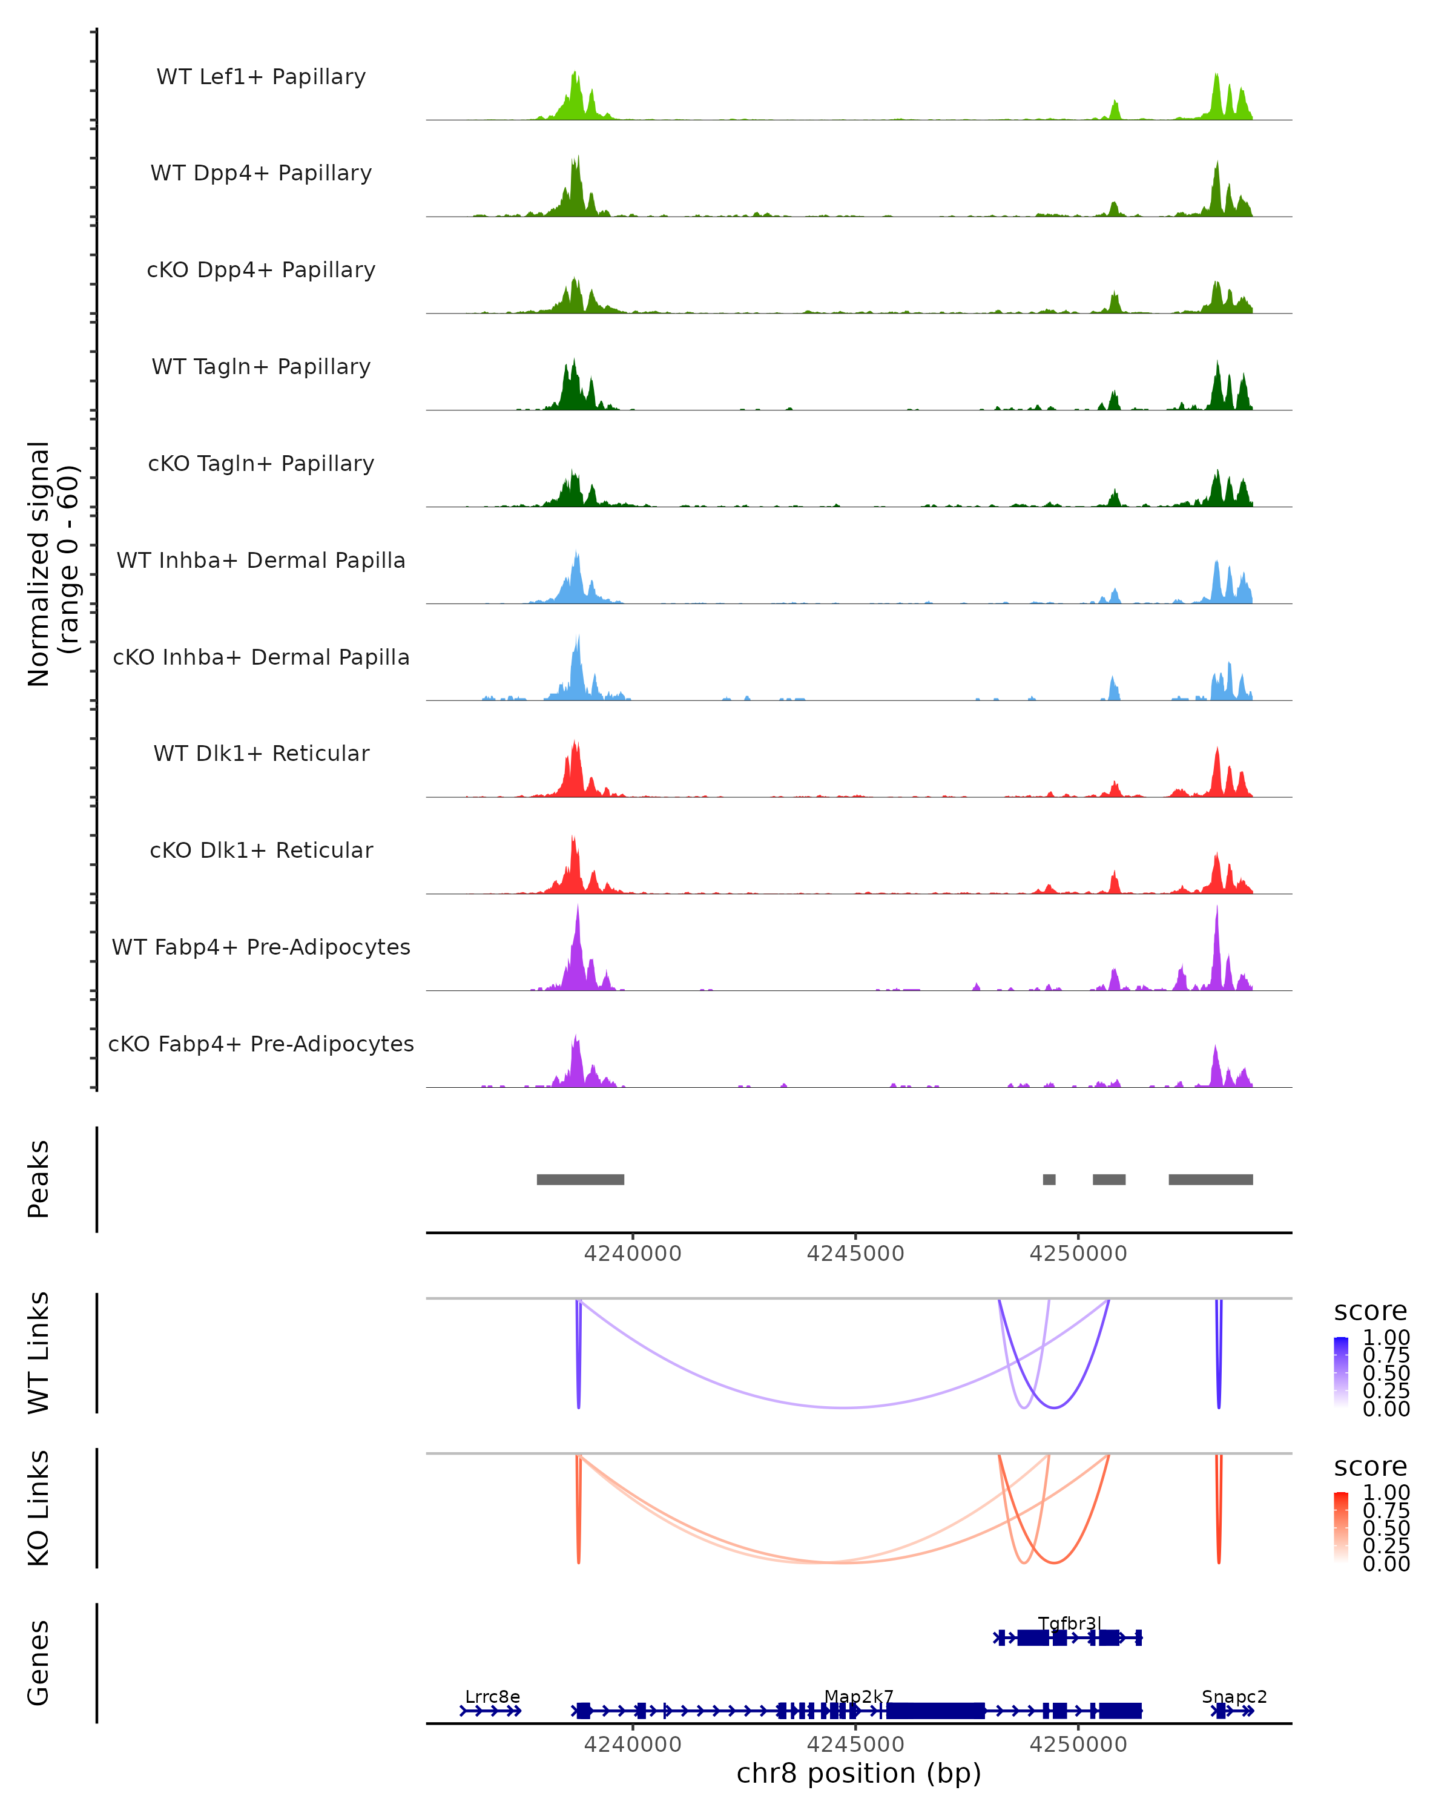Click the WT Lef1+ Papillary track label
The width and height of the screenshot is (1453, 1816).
tap(261, 77)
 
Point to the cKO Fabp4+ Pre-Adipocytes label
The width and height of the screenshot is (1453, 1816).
tap(261, 1044)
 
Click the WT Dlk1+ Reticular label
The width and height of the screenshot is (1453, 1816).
tap(261, 753)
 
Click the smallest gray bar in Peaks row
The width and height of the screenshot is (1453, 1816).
tap(1049, 1179)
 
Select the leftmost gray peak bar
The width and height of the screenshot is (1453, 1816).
tap(581, 1179)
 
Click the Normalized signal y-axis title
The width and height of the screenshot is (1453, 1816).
tap(52, 564)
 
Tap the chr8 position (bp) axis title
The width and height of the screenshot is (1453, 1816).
tap(858, 1773)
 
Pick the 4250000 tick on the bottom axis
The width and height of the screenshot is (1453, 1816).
tap(1078, 1745)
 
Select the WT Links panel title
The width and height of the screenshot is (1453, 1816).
tap(39, 1353)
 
